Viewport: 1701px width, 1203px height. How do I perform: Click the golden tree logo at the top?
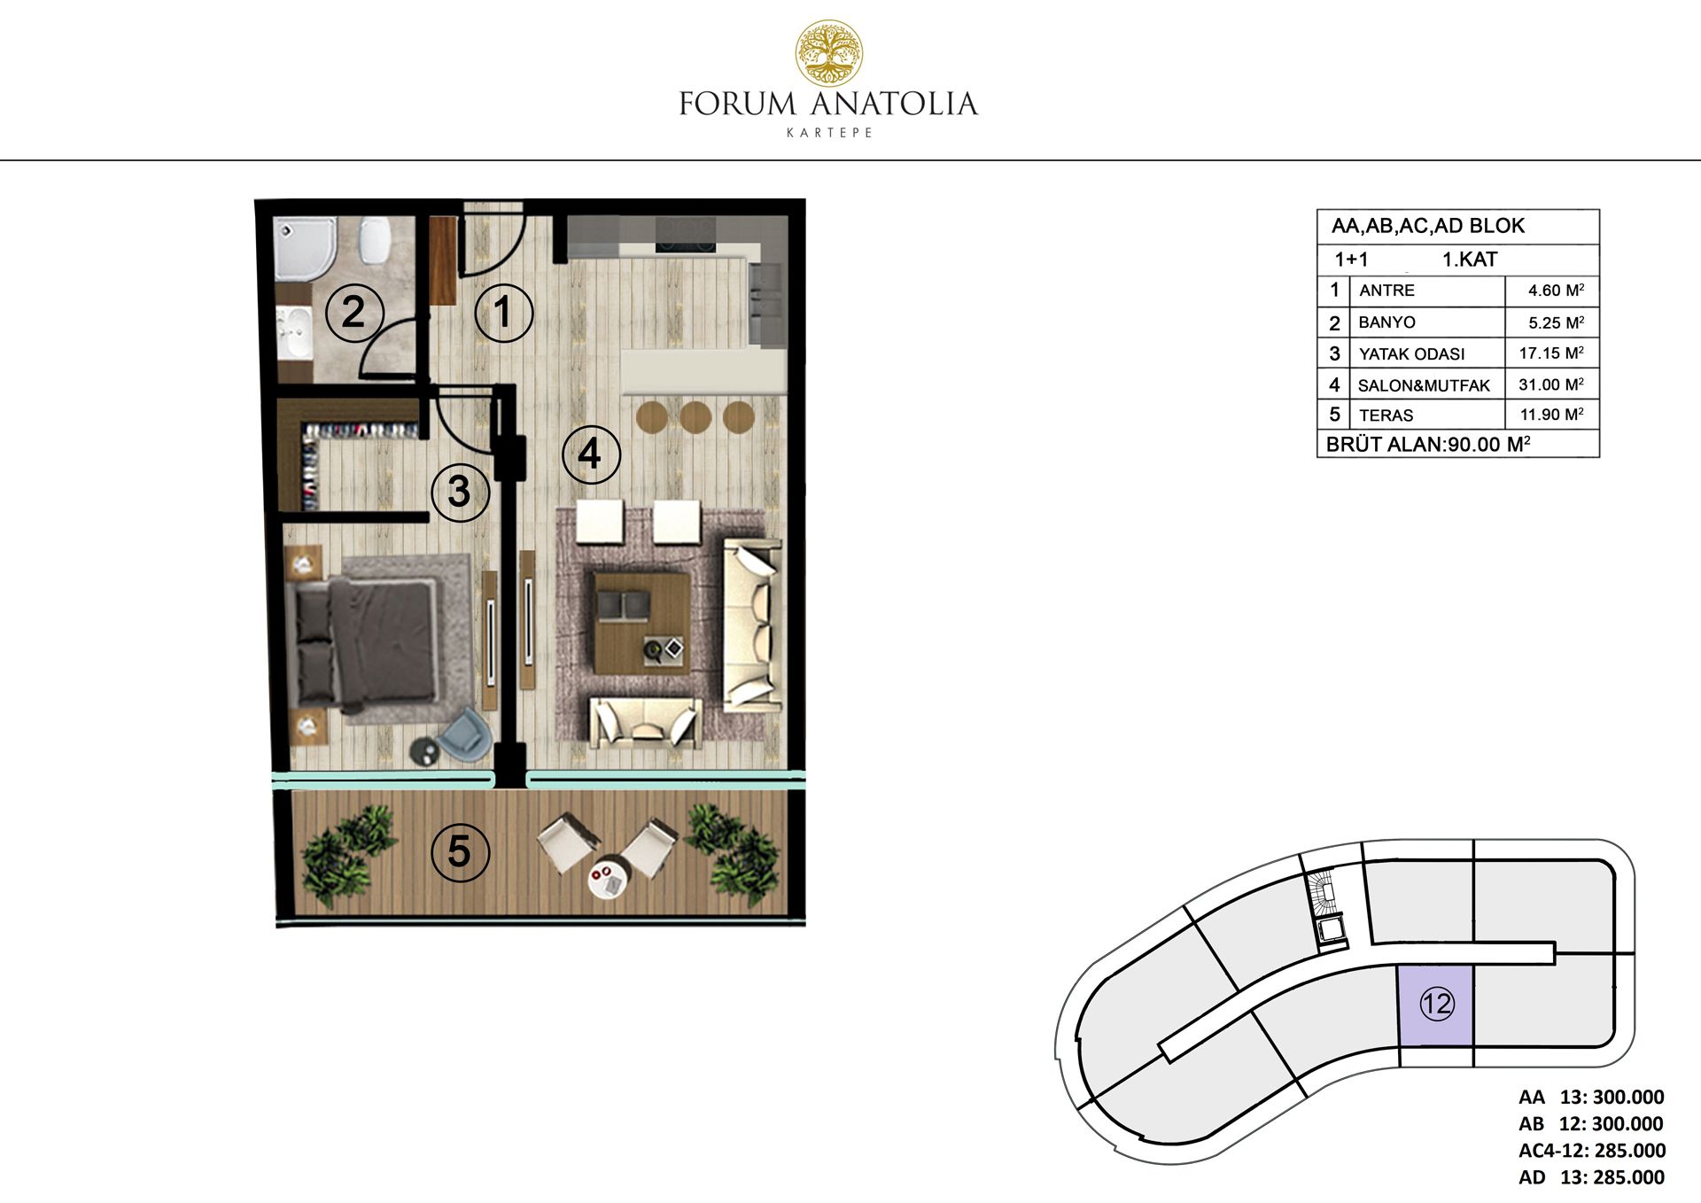[828, 53]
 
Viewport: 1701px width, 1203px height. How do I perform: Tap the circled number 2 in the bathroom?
[353, 313]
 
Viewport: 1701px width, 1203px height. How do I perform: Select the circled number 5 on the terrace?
[460, 851]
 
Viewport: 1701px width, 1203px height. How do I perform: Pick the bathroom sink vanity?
[294, 335]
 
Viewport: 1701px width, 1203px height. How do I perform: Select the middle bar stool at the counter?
[695, 416]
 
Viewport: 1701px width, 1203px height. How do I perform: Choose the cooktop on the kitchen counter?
[685, 235]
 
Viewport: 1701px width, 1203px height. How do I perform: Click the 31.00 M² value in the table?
[1551, 384]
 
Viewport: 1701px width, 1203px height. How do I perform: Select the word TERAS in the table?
[1386, 415]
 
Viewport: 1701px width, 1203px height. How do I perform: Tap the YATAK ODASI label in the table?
[1411, 353]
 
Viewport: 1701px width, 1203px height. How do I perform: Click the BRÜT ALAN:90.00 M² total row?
[1428, 444]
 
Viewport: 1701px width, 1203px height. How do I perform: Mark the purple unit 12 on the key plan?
[1435, 1005]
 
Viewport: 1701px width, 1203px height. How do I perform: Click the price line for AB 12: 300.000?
[1590, 1123]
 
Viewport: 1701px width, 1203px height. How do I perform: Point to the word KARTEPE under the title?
[829, 133]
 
